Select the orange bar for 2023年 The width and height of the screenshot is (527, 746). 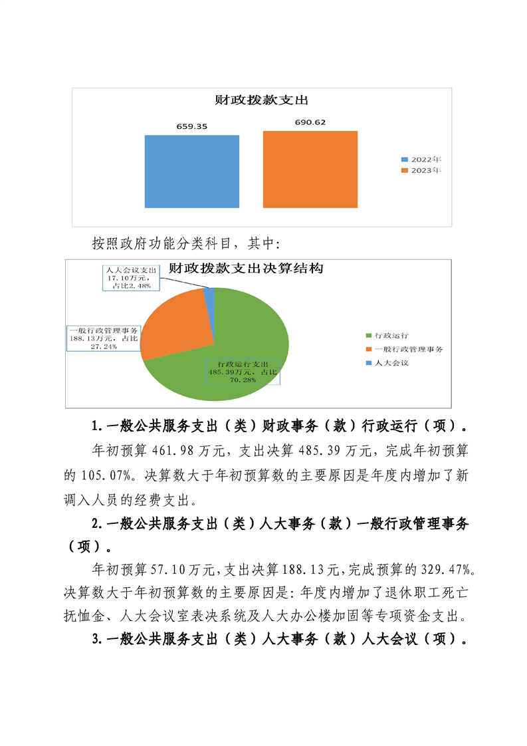[310, 170]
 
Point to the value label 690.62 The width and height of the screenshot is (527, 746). [310, 122]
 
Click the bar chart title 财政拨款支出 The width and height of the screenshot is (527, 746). [262, 100]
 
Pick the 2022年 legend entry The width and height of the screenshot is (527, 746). [421, 160]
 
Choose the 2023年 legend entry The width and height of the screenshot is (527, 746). [421, 170]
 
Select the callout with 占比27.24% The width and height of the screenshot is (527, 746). [104, 338]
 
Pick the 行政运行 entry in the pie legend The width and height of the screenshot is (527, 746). [391, 336]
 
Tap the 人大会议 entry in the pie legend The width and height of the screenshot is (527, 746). [391, 363]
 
